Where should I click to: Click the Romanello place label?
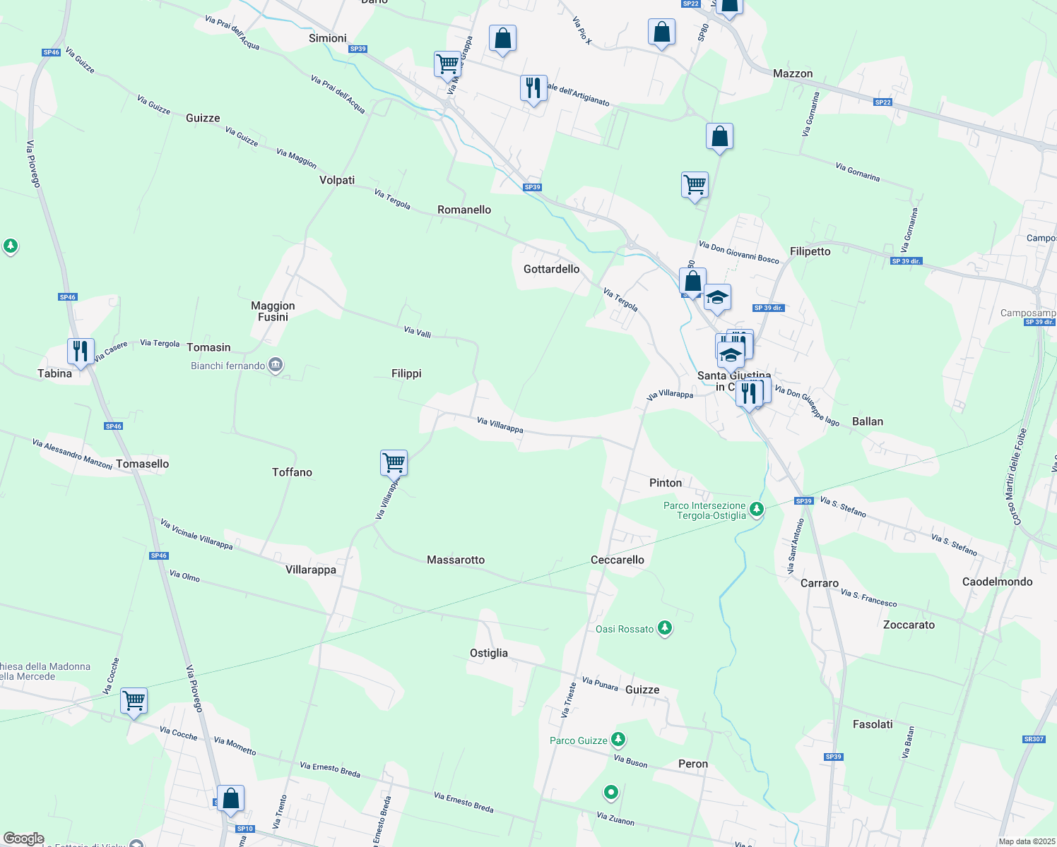(x=464, y=210)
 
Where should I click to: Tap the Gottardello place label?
(x=551, y=269)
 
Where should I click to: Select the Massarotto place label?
(x=456, y=560)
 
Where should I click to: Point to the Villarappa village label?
(x=311, y=570)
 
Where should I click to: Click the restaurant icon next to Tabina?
(x=81, y=351)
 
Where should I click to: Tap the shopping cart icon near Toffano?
(x=394, y=463)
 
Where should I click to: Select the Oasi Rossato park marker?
(x=664, y=627)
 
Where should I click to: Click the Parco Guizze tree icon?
(x=618, y=739)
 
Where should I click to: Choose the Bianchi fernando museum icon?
(x=276, y=365)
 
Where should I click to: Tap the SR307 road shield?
(x=1033, y=739)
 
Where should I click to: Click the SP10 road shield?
(x=244, y=829)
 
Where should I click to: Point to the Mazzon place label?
(x=793, y=73)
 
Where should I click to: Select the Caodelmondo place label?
(x=997, y=582)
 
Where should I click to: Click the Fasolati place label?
(x=873, y=724)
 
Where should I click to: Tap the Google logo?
(x=23, y=839)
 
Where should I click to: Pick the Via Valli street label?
(x=417, y=331)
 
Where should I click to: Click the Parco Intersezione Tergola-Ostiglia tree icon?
(x=757, y=508)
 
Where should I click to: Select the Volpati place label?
(x=337, y=180)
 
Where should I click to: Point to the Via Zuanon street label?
(x=615, y=819)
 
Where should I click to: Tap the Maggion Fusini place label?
(x=273, y=311)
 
